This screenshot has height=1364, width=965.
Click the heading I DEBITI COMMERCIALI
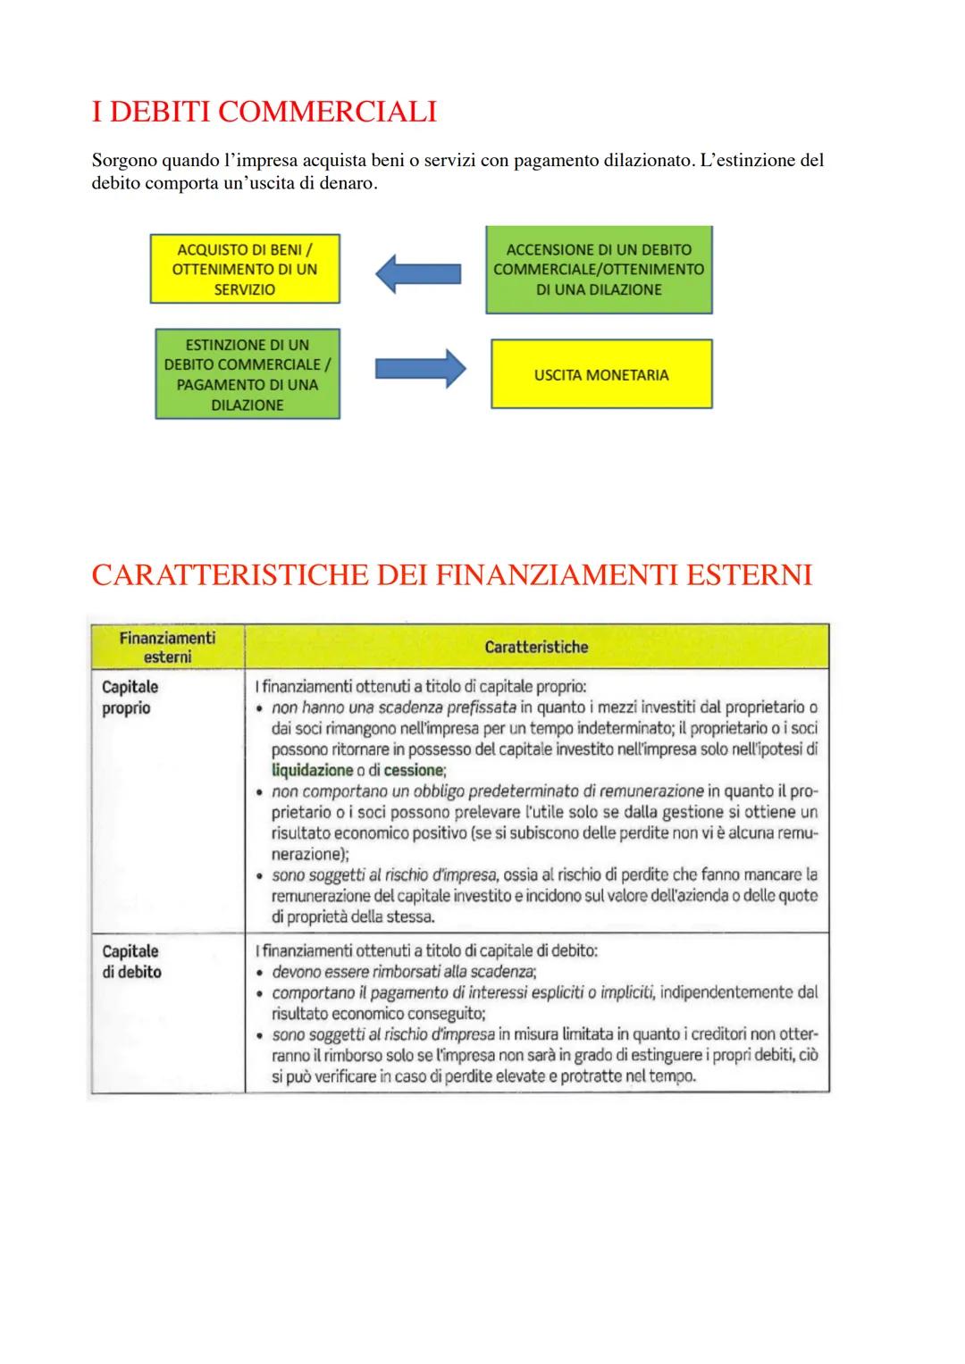264,112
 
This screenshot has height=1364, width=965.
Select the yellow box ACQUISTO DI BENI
245,269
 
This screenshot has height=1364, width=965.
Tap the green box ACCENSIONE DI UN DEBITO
599,269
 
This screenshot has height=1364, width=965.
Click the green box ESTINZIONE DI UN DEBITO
248,374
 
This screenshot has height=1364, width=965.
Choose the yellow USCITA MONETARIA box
601,374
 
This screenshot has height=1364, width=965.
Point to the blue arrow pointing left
417,272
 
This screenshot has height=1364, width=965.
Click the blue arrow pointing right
420,368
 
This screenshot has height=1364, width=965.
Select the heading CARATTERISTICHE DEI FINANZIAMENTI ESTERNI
451,574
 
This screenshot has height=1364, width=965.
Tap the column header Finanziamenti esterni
167,647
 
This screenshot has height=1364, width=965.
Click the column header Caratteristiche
536,647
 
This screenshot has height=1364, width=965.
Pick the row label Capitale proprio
130,698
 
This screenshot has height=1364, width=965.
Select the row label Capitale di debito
131,961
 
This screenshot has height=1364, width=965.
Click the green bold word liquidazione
312,770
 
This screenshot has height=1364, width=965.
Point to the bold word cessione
413,770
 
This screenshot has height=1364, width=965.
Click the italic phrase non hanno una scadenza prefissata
394,707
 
